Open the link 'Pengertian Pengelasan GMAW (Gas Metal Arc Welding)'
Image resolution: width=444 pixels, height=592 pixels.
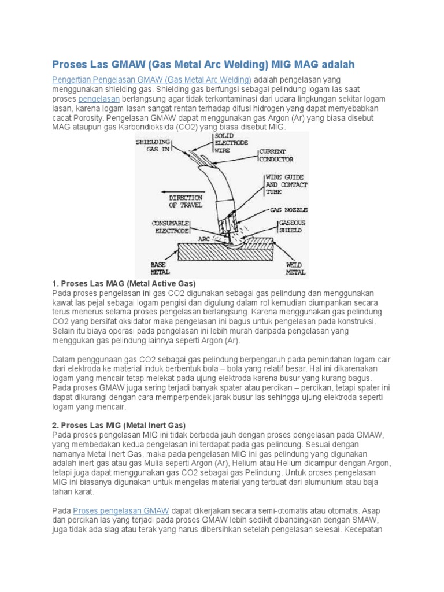[x=151, y=80]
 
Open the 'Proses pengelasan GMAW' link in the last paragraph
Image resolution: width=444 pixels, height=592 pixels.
[x=121, y=510]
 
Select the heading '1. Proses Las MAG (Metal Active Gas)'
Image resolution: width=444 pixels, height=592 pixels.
[x=124, y=284]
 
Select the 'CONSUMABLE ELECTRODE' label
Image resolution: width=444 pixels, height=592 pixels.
[x=170, y=226]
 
